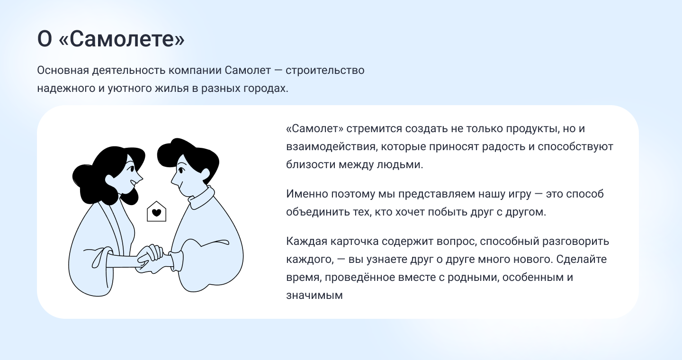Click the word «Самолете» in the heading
coord(121,39)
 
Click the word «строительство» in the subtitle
coord(325,71)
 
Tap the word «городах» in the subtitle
coord(266,89)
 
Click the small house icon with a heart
coord(156,211)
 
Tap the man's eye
coord(181,170)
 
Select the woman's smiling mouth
coord(134,183)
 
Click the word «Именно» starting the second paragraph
coord(307,194)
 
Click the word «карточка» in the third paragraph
coord(354,241)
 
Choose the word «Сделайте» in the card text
coord(582,259)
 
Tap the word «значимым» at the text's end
coord(314,296)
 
